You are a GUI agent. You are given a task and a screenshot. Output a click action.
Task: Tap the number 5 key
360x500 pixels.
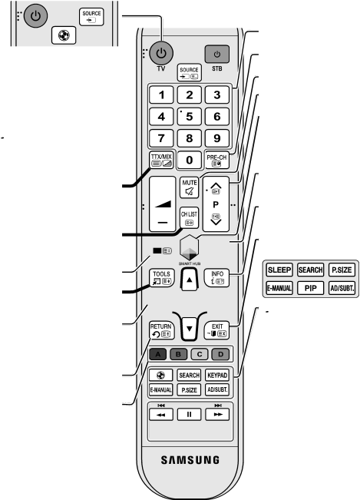[190, 117]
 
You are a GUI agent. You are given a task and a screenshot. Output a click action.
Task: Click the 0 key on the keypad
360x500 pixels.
[190, 160]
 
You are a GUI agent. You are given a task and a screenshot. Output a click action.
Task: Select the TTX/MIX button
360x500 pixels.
[161, 160]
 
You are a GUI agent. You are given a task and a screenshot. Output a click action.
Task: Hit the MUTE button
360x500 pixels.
[190, 188]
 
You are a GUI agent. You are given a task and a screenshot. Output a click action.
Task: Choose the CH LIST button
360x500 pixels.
[190, 218]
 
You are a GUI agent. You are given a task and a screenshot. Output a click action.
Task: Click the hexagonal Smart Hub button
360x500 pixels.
[190, 248]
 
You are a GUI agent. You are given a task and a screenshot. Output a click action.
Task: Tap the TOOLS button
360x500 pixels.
[161, 278]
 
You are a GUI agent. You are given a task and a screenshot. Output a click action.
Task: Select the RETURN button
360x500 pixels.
[161, 330]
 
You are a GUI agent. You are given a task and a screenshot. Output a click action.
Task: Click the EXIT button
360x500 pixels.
[217, 330]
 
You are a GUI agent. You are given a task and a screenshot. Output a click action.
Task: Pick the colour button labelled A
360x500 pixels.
[157, 354]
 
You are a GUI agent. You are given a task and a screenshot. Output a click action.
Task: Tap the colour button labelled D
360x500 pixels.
[220, 354]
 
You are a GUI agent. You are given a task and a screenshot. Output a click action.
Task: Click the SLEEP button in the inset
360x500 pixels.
[279, 270]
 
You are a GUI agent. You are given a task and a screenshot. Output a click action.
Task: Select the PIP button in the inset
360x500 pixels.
[310, 288]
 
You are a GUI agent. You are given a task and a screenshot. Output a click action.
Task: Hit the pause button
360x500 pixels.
[190, 415]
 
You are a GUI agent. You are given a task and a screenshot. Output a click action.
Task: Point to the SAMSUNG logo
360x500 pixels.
[190, 460]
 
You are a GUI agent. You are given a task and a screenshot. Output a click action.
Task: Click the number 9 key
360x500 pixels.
[217, 138]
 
